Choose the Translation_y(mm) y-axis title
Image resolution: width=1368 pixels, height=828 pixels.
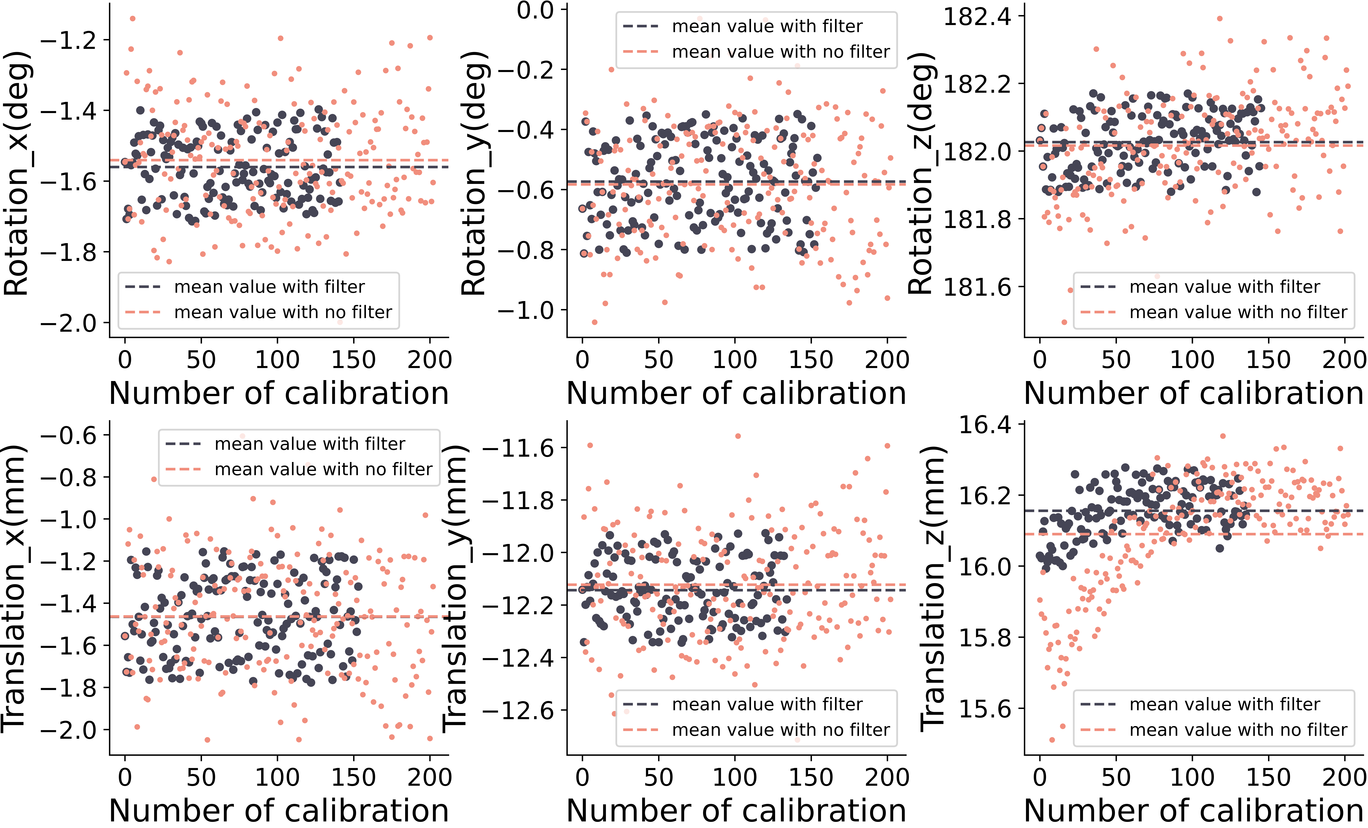click(x=455, y=588)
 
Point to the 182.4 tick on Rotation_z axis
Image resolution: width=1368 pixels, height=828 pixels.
click(x=977, y=17)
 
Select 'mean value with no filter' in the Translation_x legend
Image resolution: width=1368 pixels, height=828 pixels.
click(x=323, y=470)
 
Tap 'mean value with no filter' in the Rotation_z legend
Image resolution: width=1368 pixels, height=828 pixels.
click(x=1238, y=312)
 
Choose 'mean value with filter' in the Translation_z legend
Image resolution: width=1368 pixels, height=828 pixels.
click(x=1224, y=704)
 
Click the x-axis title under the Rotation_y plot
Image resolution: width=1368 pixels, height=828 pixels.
click(x=736, y=393)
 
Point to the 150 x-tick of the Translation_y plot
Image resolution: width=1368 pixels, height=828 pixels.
click(x=811, y=778)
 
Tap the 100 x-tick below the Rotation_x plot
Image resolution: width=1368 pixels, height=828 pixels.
click(x=277, y=360)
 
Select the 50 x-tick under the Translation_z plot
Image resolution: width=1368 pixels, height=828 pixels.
click(x=1116, y=778)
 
